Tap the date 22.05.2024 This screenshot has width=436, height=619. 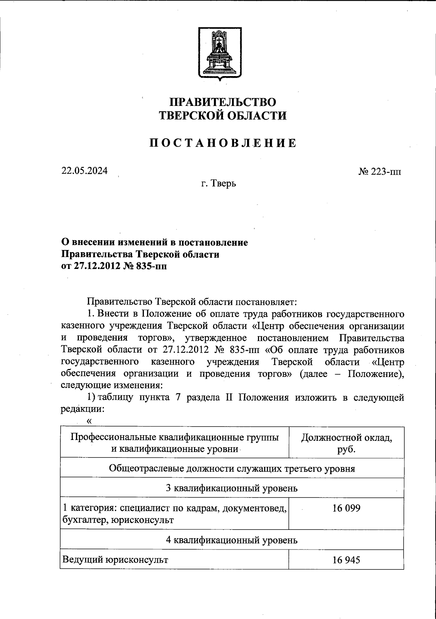(85, 170)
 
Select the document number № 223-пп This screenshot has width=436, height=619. (379, 171)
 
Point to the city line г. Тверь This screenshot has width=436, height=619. (219, 184)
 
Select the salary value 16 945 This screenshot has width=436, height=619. (346, 559)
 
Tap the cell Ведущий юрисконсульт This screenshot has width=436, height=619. (115, 559)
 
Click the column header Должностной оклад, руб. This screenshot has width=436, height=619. (346, 443)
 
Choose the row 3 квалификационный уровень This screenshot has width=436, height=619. (232, 488)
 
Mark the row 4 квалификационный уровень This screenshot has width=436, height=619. (232, 540)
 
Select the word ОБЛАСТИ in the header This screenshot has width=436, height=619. (253, 116)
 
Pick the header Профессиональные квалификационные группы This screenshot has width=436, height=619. (175, 437)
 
